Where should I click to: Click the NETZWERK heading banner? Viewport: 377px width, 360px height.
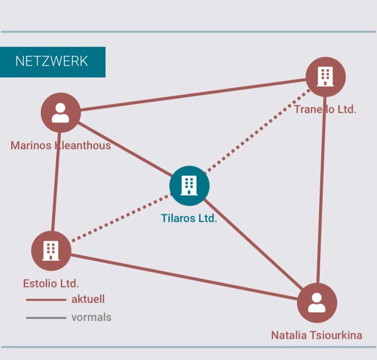52,62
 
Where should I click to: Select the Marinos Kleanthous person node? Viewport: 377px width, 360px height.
61,112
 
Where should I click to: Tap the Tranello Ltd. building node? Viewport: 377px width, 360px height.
325,77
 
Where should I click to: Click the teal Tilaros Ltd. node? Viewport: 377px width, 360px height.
189,186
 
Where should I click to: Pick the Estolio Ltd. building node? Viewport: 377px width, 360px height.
51,251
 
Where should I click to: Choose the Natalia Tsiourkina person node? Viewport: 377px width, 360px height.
317,303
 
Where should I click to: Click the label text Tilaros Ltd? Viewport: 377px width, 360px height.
189,218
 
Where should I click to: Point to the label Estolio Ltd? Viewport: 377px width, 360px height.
51,283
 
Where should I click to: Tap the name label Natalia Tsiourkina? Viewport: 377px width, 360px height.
316,335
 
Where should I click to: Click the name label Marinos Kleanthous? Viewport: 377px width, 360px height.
60,146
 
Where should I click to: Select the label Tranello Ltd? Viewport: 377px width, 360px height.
325,109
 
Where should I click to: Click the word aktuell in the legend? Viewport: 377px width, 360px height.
88,299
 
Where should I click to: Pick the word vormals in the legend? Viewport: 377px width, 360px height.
91,317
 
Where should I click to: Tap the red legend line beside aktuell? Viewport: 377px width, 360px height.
46,300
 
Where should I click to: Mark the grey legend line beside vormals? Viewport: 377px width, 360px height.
46,318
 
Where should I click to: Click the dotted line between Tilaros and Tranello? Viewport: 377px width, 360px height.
256,132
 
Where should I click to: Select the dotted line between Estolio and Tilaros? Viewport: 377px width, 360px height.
121,218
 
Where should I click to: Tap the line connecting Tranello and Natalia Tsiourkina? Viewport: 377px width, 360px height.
321,191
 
